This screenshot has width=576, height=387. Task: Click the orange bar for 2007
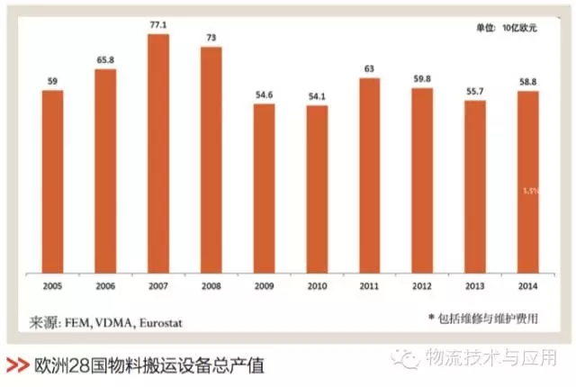[158, 153]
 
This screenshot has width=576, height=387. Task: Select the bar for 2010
[318, 188]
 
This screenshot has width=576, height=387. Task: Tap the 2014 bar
[528, 181]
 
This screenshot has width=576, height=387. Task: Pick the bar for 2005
[52, 180]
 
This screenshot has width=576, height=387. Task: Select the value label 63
[370, 69]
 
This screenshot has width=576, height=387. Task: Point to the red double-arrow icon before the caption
[16, 365]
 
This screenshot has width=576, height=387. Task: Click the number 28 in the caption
[75, 365]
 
